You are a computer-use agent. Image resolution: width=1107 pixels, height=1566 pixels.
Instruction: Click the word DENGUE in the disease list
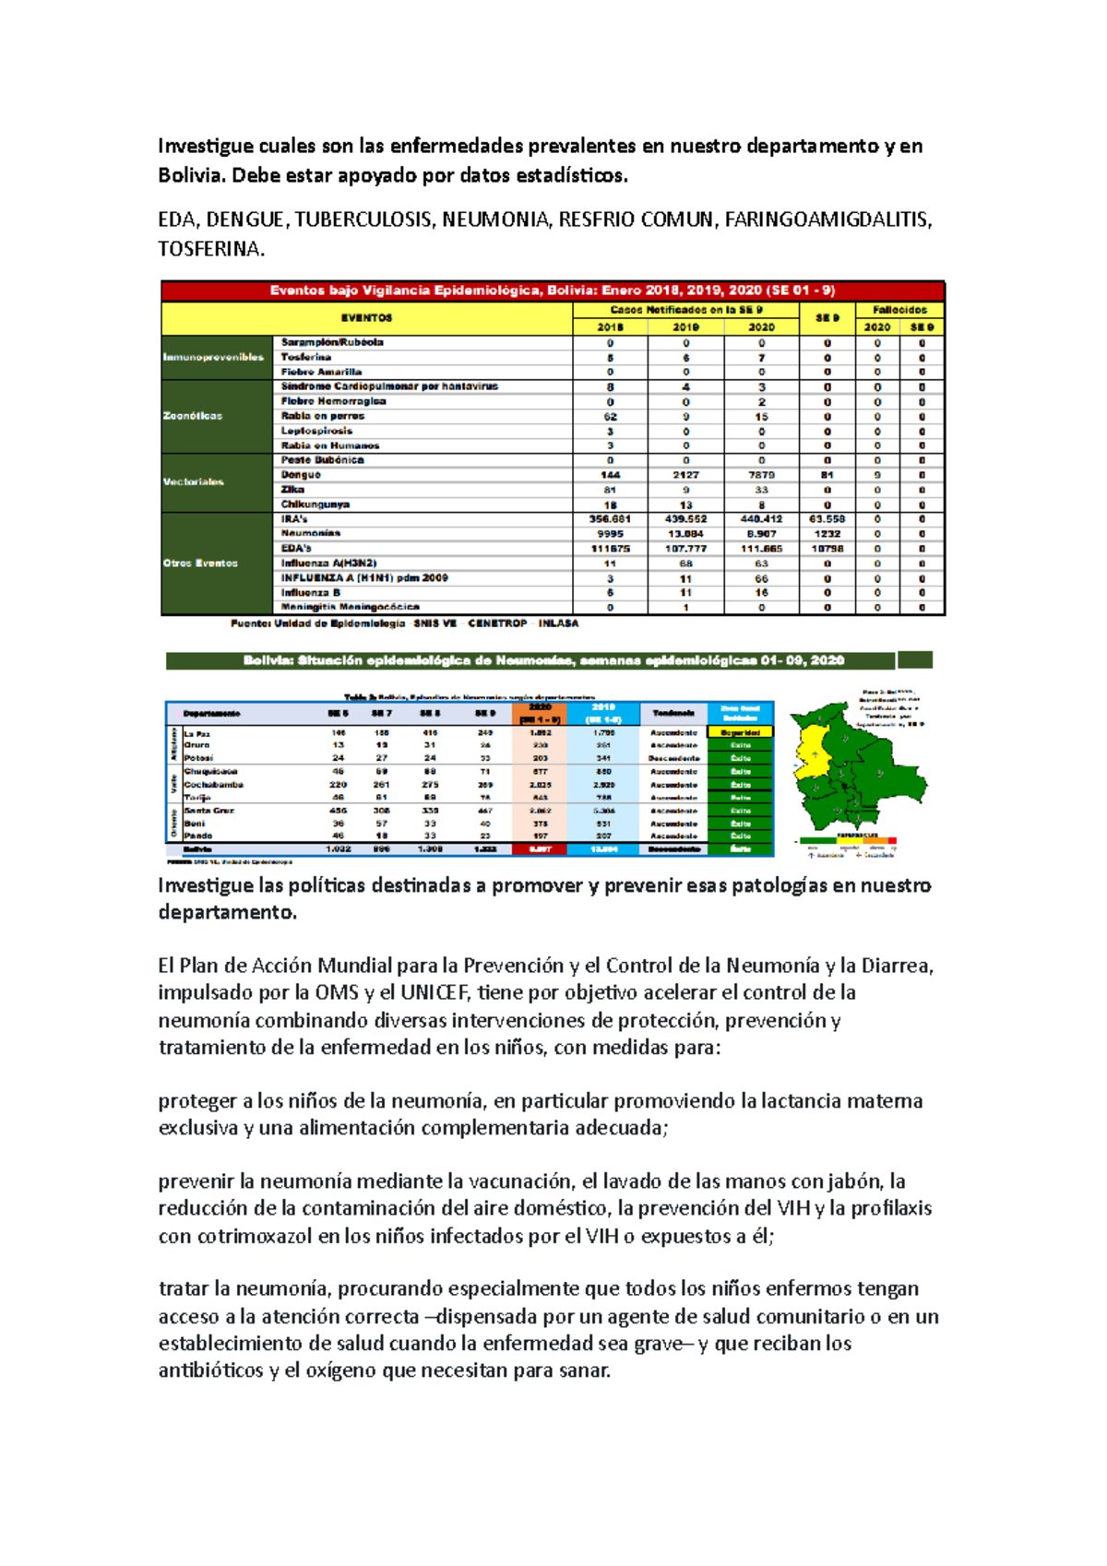(x=244, y=219)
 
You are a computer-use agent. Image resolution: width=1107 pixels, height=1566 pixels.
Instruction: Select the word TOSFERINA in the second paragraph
(x=210, y=249)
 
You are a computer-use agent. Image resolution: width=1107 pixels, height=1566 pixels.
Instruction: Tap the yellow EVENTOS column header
(x=366, y=318)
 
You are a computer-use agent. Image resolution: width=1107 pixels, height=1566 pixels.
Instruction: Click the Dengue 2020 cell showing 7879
(x=761, y=475)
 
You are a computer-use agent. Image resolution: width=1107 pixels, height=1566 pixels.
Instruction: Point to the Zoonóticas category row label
(x=193, y=416)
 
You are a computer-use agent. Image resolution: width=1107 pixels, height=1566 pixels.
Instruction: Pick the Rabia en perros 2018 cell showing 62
(x=610, y=416)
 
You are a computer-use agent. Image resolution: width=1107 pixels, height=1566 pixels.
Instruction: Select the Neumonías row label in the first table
(x=311, y=533)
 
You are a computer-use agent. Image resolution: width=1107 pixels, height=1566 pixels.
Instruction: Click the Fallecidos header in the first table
(x=899, y=310)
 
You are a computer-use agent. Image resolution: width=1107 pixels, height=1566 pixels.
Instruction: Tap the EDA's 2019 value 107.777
(x=685, y=549)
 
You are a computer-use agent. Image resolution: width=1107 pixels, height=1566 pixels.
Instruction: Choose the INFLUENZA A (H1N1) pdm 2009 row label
(x=364, y=578)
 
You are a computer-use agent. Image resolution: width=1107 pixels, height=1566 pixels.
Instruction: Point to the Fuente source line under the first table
(x=404, y=623)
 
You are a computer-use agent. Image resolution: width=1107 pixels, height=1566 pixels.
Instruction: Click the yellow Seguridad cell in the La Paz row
(x=741, y=732)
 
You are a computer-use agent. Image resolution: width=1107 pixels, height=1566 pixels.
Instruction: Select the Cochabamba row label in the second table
(x=213, y=785)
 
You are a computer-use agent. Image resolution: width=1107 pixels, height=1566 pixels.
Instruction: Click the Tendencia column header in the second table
(x=673, y=713)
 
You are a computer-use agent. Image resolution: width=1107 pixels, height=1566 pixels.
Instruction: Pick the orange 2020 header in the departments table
(x=540, y=713)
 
